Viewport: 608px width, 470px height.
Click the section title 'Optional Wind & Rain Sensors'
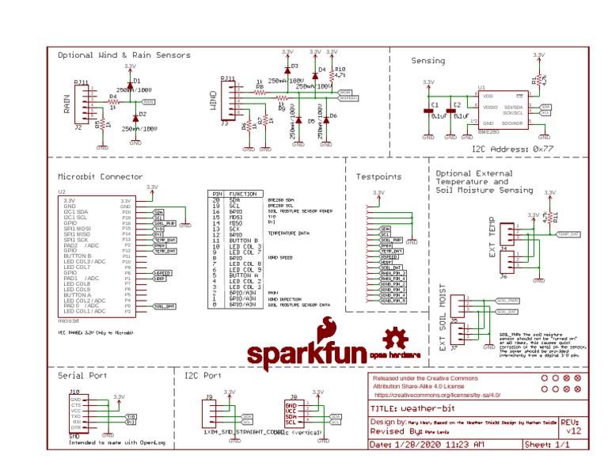(x=124, y=55)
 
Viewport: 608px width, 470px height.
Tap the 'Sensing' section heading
(x=427, y=61)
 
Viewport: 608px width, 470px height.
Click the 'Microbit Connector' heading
(x=101, y=176)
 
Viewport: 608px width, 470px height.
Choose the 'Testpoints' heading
(x=379, y=176)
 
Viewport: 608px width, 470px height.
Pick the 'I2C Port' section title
(x=203, y=376)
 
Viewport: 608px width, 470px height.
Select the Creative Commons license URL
(x=437, y=394)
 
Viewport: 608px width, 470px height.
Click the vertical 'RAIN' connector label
(x=67, y=104)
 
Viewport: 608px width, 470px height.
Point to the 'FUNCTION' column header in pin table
(x=242, y=193)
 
